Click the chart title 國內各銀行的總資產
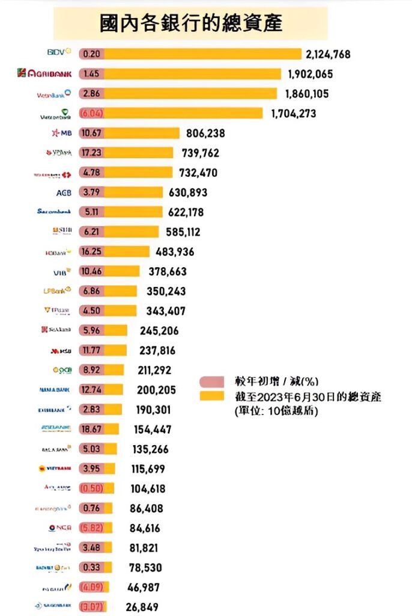190,23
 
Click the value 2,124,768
328,54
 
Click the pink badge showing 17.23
91,153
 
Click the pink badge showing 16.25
91,251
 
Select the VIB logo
62,271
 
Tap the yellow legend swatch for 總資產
213,397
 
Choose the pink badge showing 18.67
91,430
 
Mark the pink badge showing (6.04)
91,113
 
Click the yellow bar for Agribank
192,74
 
